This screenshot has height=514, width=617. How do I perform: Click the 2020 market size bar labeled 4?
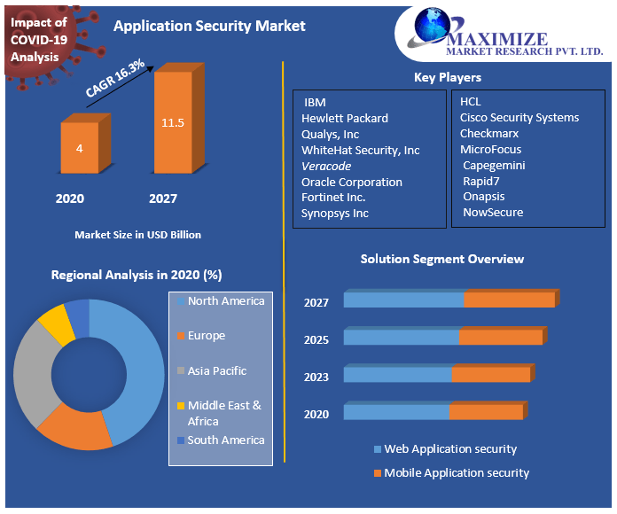[x=80, y=147]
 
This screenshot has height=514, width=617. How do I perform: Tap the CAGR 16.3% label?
[x=115, y=77]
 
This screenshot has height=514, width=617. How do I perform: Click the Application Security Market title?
[x=209, y=26]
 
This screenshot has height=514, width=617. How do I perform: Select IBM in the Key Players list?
[x=315, y=103]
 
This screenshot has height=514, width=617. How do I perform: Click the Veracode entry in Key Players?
[x=326, y=166]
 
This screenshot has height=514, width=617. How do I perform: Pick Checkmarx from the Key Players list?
[x=490, y=133]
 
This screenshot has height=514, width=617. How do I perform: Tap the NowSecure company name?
[x=493, y=212]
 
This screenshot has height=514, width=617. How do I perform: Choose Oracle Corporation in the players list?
[x=352, y=182]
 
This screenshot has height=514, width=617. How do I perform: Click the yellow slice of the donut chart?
[x=56, y=323]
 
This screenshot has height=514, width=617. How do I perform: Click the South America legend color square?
[x=181, y=440]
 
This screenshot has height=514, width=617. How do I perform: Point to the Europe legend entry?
[x=206, y=336]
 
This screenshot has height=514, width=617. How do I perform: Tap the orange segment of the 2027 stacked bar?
[x=509, y=300]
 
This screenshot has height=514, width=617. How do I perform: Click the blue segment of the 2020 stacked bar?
[x=396, y=412]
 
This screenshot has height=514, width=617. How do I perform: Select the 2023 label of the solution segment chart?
[x=316, y=377]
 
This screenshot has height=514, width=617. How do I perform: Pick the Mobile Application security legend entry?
[x=456, y=472]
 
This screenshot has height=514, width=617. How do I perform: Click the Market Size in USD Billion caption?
[x=137, y=235]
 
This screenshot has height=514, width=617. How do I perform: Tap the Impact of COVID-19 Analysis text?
[x=38, y=39]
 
